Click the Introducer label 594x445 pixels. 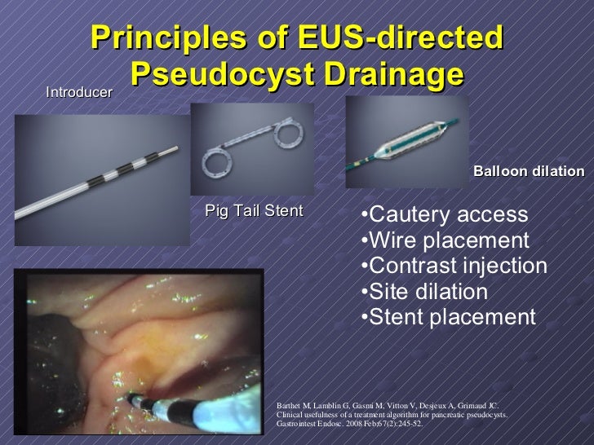[79, 93]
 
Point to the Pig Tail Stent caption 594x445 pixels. [254, 211]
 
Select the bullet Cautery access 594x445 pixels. [445, 214]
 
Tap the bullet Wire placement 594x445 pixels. [445, 240]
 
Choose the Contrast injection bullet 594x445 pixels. [454, 266]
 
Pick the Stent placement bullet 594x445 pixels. [448, 317]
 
